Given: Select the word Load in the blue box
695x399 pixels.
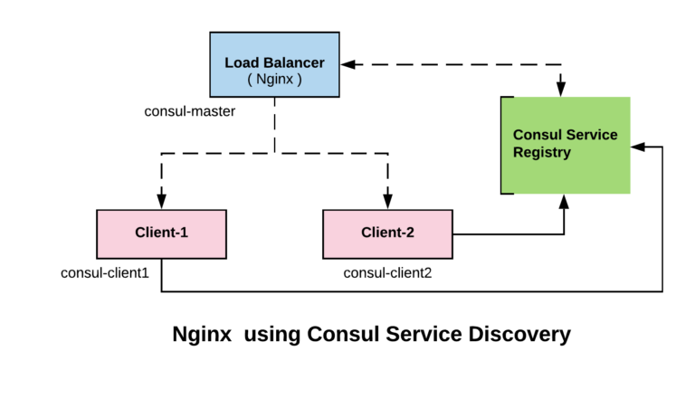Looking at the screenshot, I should pyautogui.click(x=241, y=63).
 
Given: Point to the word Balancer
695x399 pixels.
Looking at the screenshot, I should pyautogui.click(x=292, y=63).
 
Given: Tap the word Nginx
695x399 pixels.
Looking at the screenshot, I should pyautogui.click(x=274, y=80).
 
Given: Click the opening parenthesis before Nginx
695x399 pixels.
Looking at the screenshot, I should pyautogui.click(x=250, y=80).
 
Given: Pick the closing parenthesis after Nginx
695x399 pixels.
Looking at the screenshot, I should pyautogui.click(x=299, y=80).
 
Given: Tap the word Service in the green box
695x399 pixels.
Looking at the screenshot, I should pyautogui.click(x=592, y=135).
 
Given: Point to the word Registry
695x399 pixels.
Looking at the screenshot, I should pyautogui.click(x=541, y=153).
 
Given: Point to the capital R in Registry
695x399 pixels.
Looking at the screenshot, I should pyautogui.click(x=518, y=152).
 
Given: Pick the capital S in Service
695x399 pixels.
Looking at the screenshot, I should pyautogui.click(x=571, y=135).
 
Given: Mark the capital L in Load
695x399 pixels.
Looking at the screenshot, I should pyautogui.click(x=229, y=63).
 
